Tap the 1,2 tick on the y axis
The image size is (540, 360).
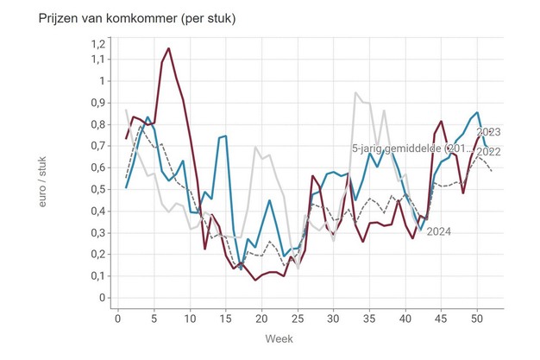(97, 43)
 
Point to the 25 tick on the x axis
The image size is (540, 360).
(298, 319)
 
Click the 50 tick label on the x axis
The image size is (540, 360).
(477, 319)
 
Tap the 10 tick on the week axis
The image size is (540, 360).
(190, 319)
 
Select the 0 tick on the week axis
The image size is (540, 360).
(118, 319)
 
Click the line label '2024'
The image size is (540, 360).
(440, 231)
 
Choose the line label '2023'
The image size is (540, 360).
(488, 132)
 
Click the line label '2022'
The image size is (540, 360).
(488, 152)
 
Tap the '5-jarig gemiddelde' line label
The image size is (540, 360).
(412, 148)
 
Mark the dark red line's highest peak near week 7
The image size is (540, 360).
(168, 48)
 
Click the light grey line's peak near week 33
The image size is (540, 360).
(355, 92)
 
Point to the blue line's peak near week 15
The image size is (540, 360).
(226, 136)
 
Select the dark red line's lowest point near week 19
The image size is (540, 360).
(255, 280)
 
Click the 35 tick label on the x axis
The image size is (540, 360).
(369, 319)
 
